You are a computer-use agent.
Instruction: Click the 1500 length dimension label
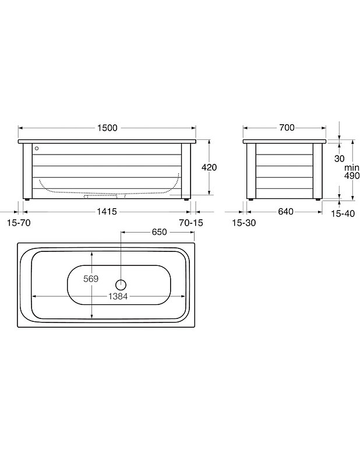tap(107, 128)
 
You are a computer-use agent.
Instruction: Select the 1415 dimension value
tap(107, 212)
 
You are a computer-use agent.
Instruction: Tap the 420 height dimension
tap(209, 167)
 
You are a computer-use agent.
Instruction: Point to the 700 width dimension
tap(287, 128)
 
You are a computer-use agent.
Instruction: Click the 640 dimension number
tap(285, 212)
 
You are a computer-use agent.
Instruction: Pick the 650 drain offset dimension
tap(159, 232)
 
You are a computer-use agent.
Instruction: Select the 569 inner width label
tap(91, 279)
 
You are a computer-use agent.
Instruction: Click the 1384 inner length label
tap(118, 296)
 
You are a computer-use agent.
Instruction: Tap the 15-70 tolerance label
tap(19, 223)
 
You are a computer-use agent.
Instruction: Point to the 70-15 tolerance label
tap(191, 223)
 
